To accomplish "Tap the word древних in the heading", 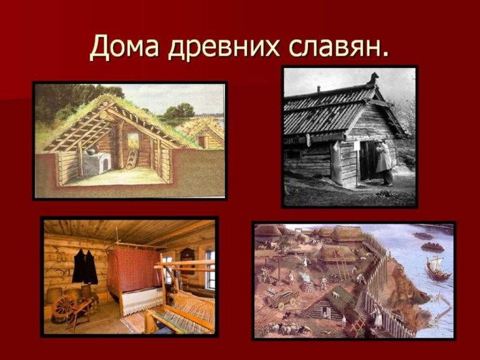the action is (x=224, y=48).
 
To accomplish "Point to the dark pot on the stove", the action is (x=91, y=151).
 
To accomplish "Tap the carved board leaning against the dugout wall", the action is (x=132, y=159).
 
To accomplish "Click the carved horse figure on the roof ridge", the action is (x=373, y=80).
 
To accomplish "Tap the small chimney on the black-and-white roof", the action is (x=319, y=88).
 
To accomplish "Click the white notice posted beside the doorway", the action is (x=357, y=146).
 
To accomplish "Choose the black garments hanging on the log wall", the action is (x=85, y=266).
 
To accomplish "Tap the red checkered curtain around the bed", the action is (x=135, y=269).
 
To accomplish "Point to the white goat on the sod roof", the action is (x=336, y=295).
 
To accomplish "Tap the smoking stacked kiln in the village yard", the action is (x=308, y=285).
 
